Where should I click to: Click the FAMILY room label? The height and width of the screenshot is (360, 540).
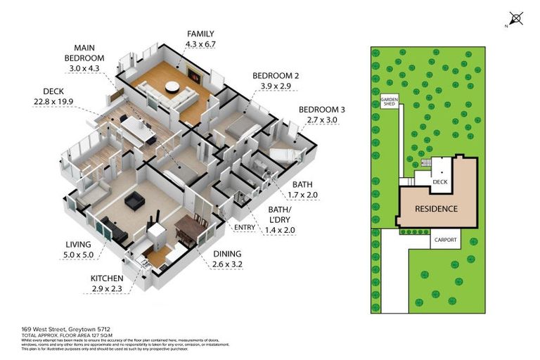[x=200, y=34]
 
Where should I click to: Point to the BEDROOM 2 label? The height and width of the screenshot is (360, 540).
[x=276, y=75]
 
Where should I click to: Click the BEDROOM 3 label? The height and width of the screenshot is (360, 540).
[x=321, y=110]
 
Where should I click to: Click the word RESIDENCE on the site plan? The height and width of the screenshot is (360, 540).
[x=436, y=209]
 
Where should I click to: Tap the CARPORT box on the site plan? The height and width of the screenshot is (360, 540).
[x=445, y=240]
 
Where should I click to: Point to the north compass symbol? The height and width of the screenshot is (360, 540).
[x=517, y=17]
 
